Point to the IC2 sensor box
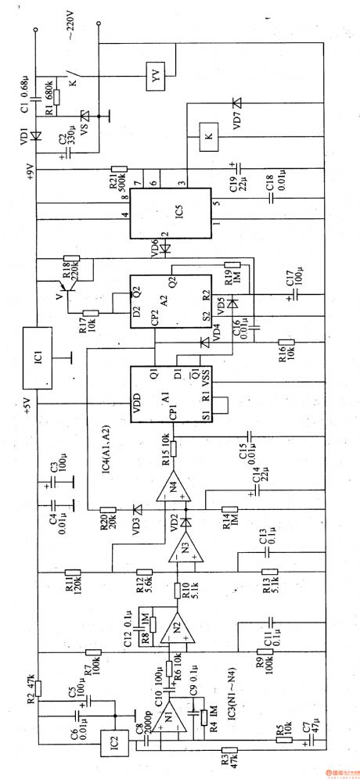pos(113,738)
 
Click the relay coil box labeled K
pos(207,137)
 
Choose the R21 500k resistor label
pos(117,185)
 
